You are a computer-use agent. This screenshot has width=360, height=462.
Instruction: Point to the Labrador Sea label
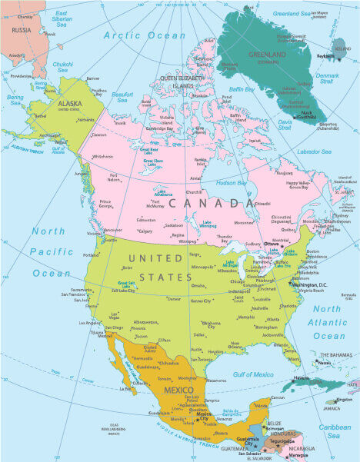[x=315, y=151]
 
